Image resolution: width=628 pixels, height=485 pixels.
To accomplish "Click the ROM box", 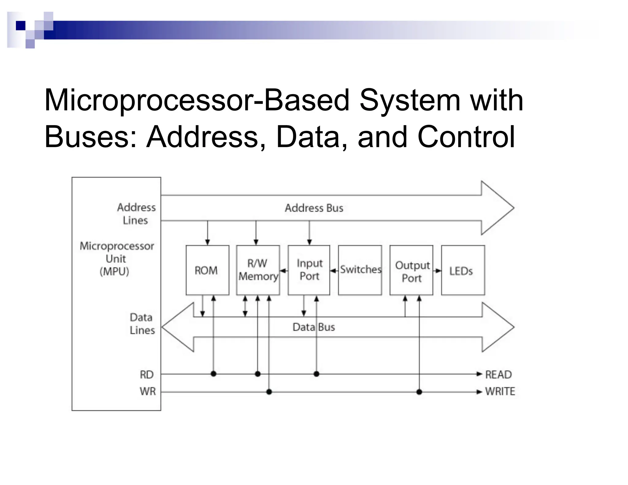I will pyautogui.click(x=207, y=270).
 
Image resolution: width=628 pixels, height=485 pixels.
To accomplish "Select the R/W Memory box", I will pyautogui.click(x=258, y=270).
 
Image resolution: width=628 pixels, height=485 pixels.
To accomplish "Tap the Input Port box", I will pyautogui.click(x=309, y=270).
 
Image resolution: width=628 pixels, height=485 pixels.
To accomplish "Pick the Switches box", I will pyautogui.click(x=360, y=270).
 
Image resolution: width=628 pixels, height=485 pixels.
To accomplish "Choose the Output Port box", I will pyautogui.click(x=411, y=270).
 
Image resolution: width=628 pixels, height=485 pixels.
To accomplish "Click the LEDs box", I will pyautogui.click(x=463, y=270).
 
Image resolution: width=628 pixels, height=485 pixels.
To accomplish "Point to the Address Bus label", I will pyautogui.click(x=314, y=208).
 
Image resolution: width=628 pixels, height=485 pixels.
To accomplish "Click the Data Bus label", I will pyautogui.click(x=314, y=327).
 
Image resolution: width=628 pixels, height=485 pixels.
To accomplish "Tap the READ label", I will pyautogui.click(x=499, y=374).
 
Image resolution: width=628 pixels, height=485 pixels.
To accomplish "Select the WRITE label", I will pyautogui.click(x=500, y=391).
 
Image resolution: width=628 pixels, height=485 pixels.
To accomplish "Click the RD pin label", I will pyautogui.click(x=147, y=374).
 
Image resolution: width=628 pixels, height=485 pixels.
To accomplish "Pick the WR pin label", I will pyautogui.click(x=147, y=391).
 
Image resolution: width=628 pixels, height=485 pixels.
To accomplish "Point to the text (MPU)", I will pyautogui.click(x=114, y=272).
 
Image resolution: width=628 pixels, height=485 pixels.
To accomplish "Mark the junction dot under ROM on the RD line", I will pyautogui.click(x=214, y=374).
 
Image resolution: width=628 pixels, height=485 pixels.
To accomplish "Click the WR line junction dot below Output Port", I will pyautogui.click(x=419, y=392).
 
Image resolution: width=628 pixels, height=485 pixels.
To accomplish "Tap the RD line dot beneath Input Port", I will pyautogui.click(x=316, y=374).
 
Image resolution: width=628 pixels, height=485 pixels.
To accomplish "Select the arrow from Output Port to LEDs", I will pyautogui.click(x=437, y=271).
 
